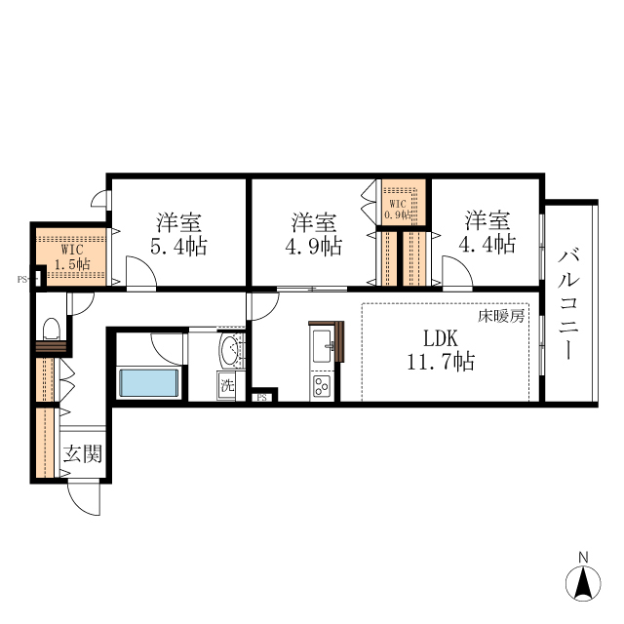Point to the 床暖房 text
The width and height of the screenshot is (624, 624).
coord(502,316)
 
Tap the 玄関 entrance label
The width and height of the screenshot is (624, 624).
coord(82,453)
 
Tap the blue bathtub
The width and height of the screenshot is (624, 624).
coord(149,382)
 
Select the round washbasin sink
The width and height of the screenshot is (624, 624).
coord(230,349)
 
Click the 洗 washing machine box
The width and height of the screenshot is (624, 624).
coord(227,384)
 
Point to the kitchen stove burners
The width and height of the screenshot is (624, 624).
coord(322,387)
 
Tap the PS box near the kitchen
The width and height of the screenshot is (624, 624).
coord(262,397)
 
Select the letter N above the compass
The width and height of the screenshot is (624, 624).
coord(583,558)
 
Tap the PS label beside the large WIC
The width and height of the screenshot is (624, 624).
coord(22,280)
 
